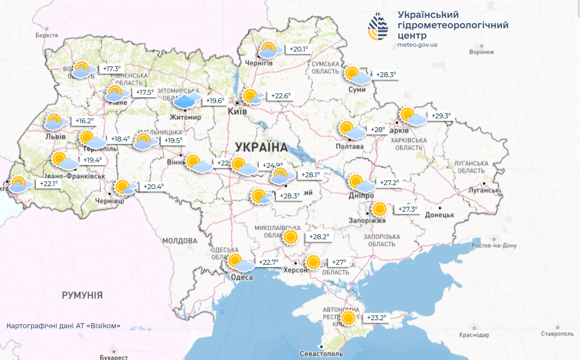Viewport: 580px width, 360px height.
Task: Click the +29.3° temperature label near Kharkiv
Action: (x=441, y=116)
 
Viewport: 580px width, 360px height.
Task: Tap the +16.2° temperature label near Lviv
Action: (x=84, y=121)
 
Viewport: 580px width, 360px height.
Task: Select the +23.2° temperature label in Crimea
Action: (x=377, y=318)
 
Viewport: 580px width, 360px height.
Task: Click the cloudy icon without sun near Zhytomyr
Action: (x=187, y=100)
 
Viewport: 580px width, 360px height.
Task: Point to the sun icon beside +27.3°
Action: (x=379, y=209)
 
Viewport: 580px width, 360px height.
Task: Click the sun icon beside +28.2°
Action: (x=291, y=237)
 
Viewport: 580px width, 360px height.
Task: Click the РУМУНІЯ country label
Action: (x=82, y=295)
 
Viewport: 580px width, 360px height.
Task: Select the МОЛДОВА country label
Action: (x=179, y=241)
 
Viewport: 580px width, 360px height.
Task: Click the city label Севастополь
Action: (x=322, y=354)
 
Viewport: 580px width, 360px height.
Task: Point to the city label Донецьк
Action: (x=439, y=215)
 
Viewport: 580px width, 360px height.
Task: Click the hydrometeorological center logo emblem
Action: (x=378, y=28)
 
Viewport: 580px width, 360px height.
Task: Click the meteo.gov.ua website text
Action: (x=417, y=45)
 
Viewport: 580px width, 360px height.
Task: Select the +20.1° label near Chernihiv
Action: (x=299, y=49)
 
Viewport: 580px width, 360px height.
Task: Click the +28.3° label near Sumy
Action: (x=386, y=75)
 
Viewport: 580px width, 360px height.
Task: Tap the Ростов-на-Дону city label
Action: (x=494, y=246)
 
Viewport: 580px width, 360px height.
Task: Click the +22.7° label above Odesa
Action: (x=269, y=262)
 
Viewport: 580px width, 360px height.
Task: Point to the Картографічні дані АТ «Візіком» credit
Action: (x=63, y=326)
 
